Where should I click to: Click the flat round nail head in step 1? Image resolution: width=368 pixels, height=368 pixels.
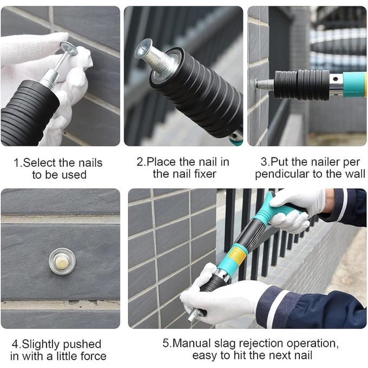[69, 48]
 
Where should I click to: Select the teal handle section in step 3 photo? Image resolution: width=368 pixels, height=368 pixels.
[354, 84]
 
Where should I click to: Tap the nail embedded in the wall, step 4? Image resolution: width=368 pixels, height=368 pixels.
[62, 261]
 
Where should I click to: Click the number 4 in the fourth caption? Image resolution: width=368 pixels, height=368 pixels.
[16, 344]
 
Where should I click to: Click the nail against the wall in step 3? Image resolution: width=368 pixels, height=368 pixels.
[265, 84]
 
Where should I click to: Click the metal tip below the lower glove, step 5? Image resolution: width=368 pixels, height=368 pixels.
[194, 315]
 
